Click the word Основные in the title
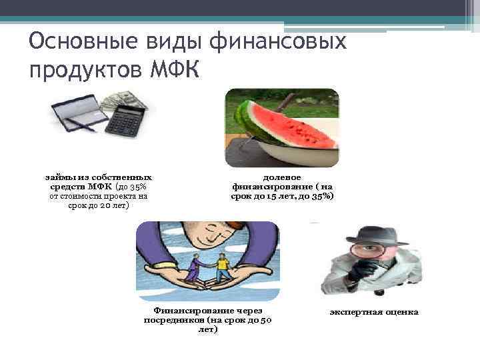pyautogui.click(x=73, y=43)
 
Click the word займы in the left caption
pyautogui.click(x=58, y=177)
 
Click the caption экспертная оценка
pyautogui.click(x=374, y=312)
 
